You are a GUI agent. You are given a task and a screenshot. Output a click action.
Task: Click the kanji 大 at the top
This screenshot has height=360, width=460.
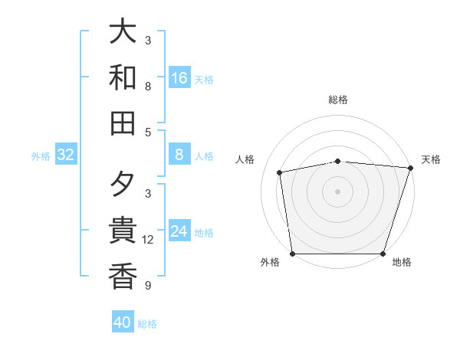[x=123, y=31]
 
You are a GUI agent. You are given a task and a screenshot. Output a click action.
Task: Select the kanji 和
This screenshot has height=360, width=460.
[x=123, y=77]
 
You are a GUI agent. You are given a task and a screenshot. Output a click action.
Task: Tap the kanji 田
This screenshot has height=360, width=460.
[x=123, y=123]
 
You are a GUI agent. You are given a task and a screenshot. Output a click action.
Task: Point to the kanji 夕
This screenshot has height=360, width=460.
[x=123, y=186]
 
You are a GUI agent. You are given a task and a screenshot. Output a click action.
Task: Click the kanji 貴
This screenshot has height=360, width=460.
[x=123, y=231]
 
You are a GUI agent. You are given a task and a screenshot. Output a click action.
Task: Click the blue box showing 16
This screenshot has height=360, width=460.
[x=179, y=78]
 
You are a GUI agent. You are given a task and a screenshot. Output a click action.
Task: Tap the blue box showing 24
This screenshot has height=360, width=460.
[x=179, y=232]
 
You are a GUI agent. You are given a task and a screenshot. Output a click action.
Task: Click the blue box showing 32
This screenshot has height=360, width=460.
[x=66, y=155]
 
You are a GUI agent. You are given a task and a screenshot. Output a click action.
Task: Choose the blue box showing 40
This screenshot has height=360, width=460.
[x=123, y=322]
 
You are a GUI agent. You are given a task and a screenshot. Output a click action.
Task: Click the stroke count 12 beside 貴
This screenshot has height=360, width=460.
[x=148, y=240]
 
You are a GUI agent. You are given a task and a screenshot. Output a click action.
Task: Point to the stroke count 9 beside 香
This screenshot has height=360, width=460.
[x=148, y=286]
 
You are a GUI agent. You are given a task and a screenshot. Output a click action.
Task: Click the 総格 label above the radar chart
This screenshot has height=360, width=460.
[x=337, y=100]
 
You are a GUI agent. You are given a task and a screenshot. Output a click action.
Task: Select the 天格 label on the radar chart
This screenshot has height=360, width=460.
[x=431, y=159]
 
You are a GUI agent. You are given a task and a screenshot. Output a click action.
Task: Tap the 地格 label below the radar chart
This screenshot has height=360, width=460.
[x=402, y=262]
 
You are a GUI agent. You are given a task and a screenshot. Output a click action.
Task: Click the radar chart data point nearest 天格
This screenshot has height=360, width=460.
[x=410, y=168]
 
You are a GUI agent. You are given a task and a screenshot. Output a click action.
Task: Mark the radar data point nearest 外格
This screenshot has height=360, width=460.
[x=292, y=254]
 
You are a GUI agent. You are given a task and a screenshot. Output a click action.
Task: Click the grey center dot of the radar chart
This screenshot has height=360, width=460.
[x=337, y=191]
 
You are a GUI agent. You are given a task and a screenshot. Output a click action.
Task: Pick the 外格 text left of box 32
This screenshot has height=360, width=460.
[x=41, y=156]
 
